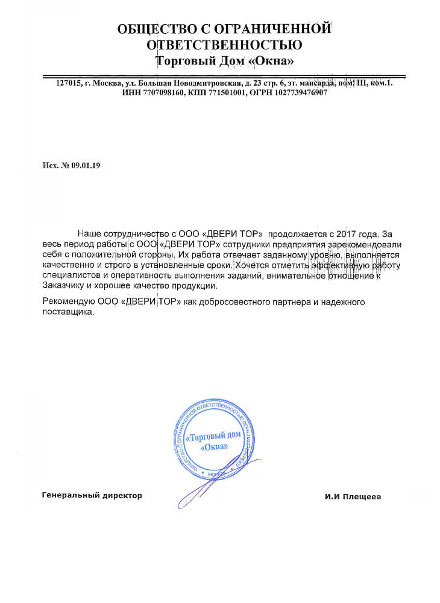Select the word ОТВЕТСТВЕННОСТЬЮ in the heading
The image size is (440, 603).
tap(225, 45)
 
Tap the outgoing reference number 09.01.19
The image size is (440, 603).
tap(86, 165)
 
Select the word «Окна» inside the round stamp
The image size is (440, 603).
tap(215, 447)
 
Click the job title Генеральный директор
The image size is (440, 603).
tap(92, 496)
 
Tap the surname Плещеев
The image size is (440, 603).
tap(363, 497)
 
